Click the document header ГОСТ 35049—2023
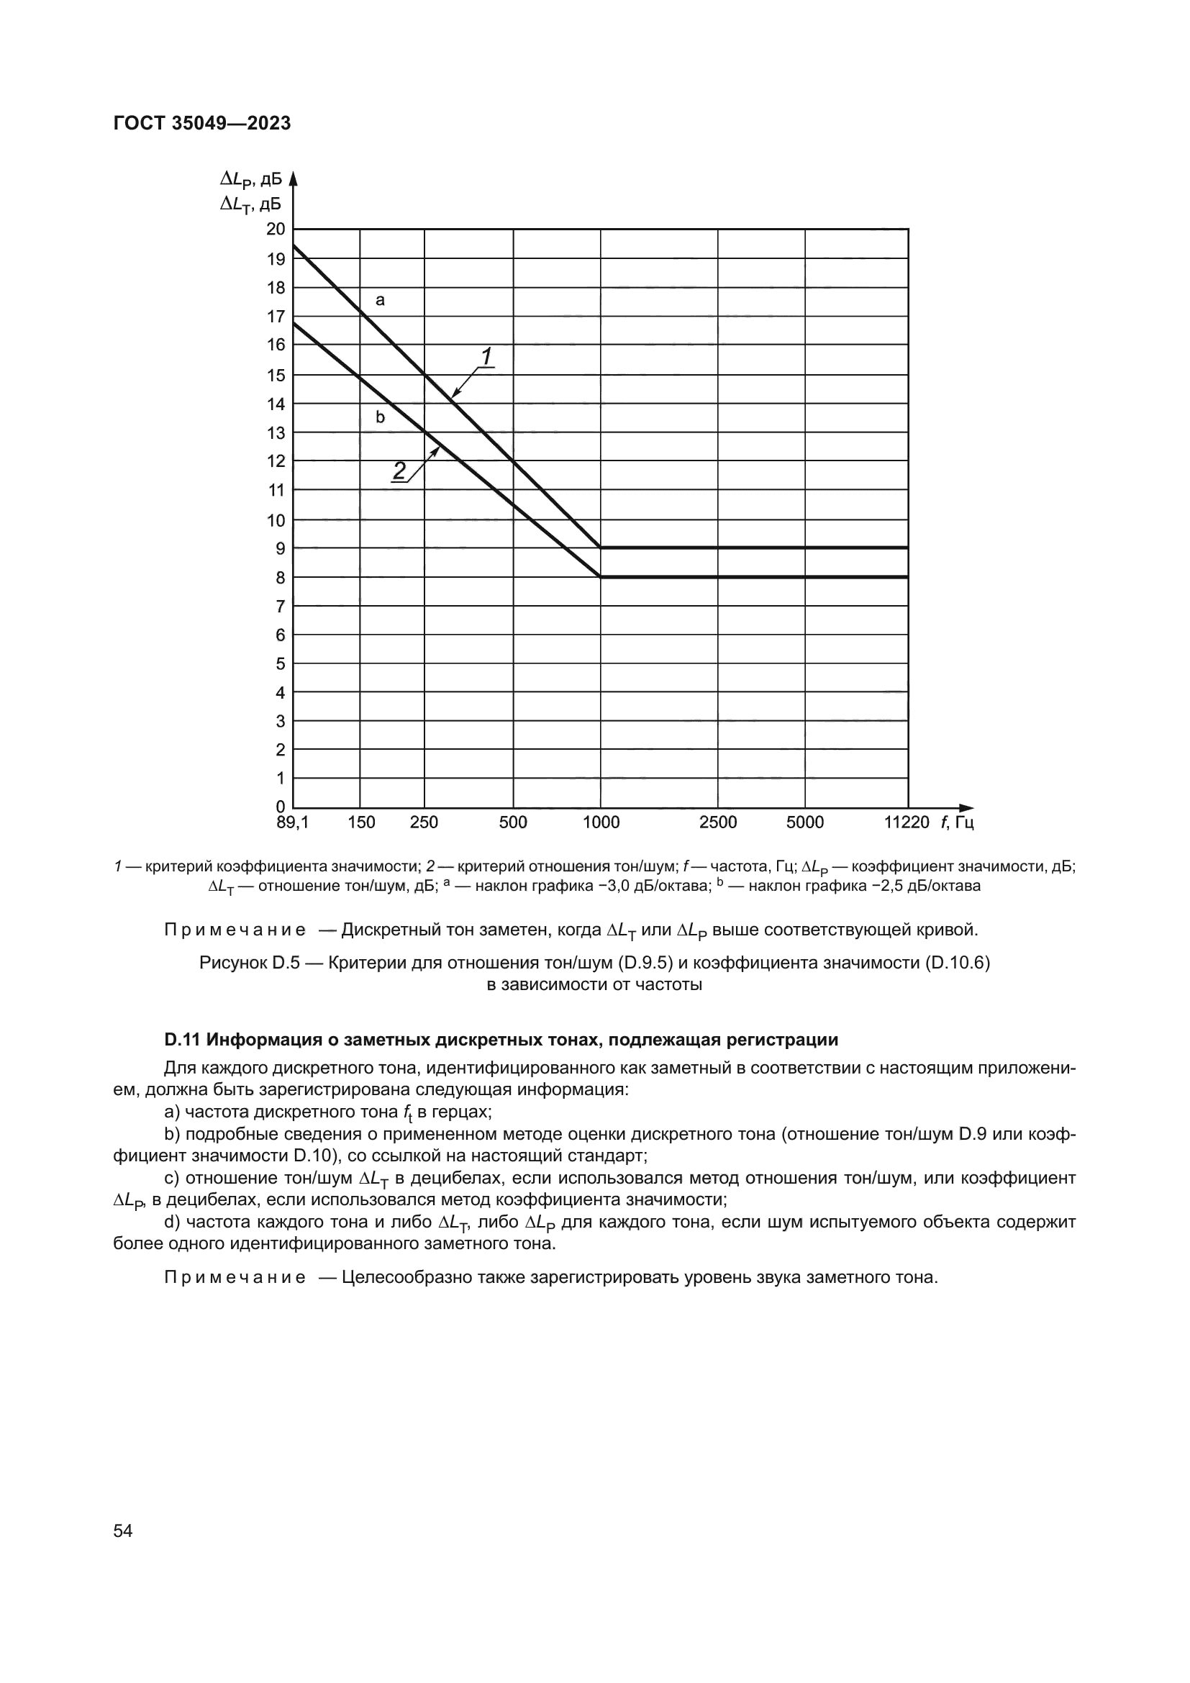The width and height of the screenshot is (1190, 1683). click(x=202, y=123)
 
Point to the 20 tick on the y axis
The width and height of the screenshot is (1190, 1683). click(x=276, y=230)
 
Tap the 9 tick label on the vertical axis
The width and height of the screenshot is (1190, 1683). click(x=280, y=548)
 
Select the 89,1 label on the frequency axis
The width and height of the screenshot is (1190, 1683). click(x=292, y=822)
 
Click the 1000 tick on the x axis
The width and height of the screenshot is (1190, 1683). click(x=601, y=822)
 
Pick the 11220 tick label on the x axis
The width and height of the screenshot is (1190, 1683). click(x=907, y=822)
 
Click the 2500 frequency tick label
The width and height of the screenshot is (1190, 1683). click(x=717, y=822)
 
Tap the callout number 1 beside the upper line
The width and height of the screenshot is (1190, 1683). click(x=486, y=356)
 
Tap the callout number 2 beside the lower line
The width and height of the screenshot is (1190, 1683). click(x=399, y=471)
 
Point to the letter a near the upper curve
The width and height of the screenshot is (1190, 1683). click(x=380, y=300)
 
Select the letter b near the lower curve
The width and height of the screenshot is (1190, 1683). click(x=380, y=418)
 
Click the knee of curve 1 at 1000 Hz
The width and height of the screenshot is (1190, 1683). click(x=601, y=548)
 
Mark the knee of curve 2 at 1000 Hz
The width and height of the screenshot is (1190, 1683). click(x=601, y=577)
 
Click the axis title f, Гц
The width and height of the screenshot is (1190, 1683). click(x=957, y=822)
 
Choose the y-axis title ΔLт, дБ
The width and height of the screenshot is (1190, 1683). click(x=250, y=204)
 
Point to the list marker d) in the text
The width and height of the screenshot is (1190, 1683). click(x=172, y=1221)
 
